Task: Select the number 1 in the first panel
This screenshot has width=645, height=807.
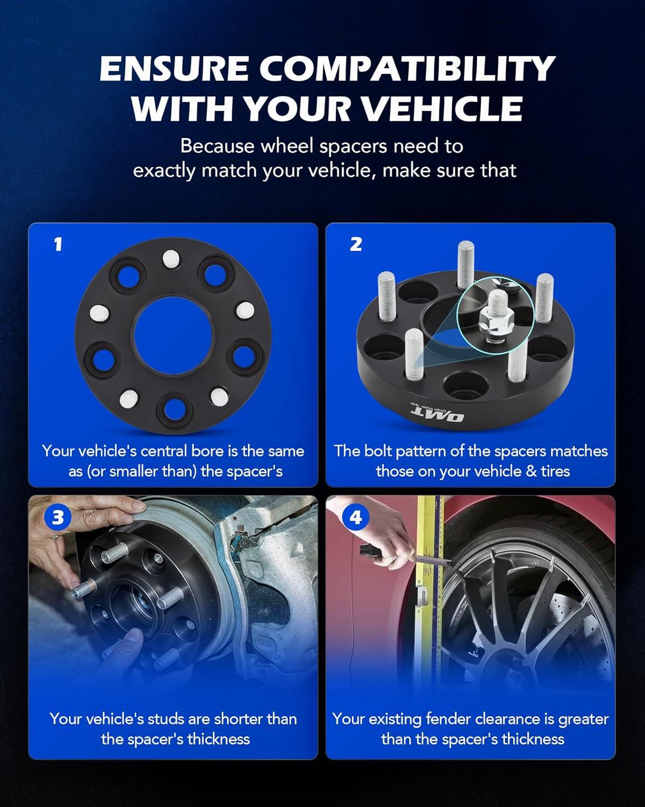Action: pyautogui.click(x=58, y=244)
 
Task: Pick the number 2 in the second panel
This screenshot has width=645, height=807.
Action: pyautogui.click(x=356, y=244)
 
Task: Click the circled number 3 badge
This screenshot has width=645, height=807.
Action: pyautogui.click(x=58, y=518)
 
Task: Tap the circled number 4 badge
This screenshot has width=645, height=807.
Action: pyautogui.click(x=355, y=518)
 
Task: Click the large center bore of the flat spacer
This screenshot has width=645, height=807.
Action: pyautogui.click(x=173, y=336)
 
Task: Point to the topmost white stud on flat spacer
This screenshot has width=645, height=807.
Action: pyautogui.click(x=171, y=259)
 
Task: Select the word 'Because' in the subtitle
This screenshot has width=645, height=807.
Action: pyautogui.click(x=217, y=146)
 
